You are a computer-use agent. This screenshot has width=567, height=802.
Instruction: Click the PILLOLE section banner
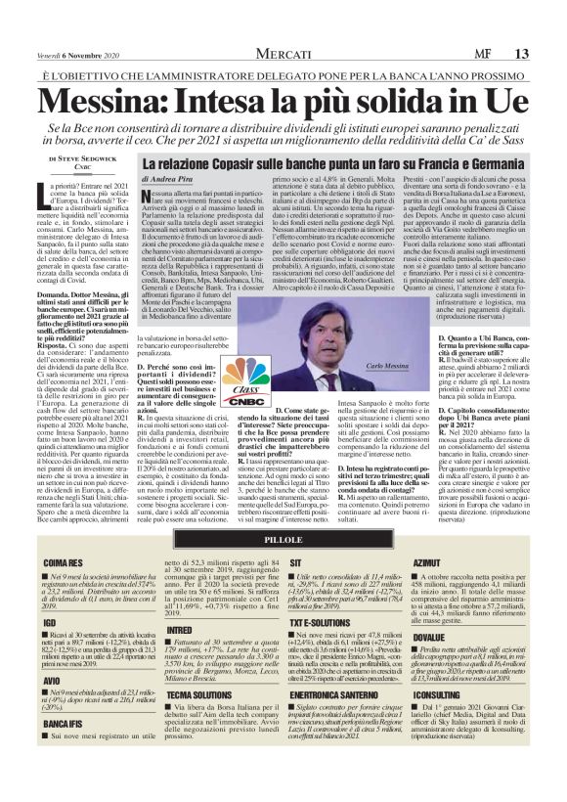click(283, 540)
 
